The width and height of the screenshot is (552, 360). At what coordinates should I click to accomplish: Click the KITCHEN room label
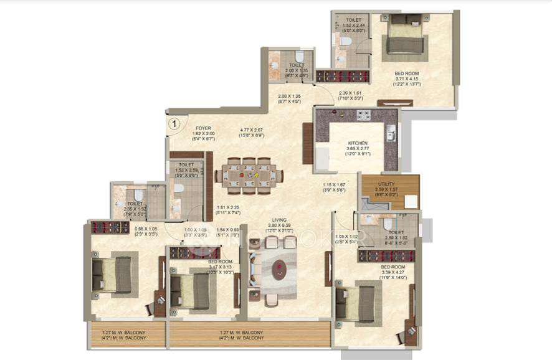[x=358, y=143]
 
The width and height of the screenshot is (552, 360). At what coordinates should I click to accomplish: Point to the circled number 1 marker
[x=175, y=123]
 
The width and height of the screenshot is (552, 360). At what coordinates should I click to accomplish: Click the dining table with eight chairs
[x=249, y=174]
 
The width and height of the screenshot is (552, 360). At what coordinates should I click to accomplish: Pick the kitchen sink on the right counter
[x=390, y=133]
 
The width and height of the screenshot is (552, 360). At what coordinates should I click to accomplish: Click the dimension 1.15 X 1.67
[x=334, y=185]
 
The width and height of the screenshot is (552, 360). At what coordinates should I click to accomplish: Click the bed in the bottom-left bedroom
[x=113, y=275]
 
